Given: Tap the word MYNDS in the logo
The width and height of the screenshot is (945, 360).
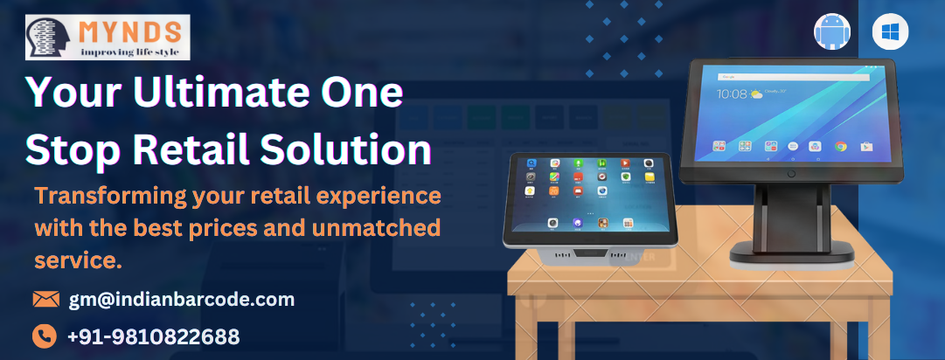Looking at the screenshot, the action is tap(130, 31).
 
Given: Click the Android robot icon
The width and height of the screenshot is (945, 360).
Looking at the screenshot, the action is tap(832, 32).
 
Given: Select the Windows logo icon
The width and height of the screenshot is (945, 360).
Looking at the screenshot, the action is tap(890, 32).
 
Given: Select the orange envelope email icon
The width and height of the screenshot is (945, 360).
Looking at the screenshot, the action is tap(45, 299).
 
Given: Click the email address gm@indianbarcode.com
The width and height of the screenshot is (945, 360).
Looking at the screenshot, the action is tap(182, 299).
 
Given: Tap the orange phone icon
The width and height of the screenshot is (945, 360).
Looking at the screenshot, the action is tap(45, 336).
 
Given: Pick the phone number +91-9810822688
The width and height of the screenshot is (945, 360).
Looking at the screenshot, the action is tap(154, 336).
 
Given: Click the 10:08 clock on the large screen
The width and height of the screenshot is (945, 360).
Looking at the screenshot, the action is tap(733, 93).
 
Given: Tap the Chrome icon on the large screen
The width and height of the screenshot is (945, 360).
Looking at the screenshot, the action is tap(840, 146).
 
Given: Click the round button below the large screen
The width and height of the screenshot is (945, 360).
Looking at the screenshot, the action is tap(791, 173).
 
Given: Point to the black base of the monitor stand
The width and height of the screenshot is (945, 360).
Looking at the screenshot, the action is tap(792, 253).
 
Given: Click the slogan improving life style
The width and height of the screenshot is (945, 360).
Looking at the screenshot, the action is tap(130, 52).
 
